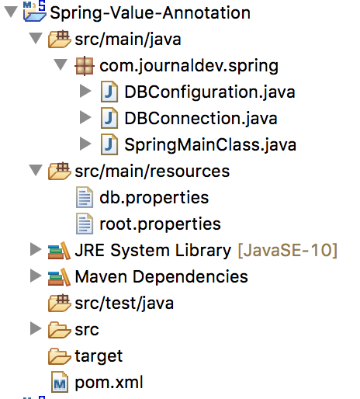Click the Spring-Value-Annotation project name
point(150,13)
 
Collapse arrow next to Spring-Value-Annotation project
point(11,12)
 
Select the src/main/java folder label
point(128,40)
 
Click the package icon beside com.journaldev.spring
point(85,66)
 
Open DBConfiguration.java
point(209,92)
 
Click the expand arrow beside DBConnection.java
point(85,117)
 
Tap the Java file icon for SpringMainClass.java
point(109,144)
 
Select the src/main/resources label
point(152,172)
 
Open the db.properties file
point(154,198)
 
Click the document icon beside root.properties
point(85,224)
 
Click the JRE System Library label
point(153,251)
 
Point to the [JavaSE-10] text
point(287,251)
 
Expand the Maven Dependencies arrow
point(36,276)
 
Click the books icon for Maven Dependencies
point(59,277)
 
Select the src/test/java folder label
point(124,304)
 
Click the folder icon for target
point(60,356)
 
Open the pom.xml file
point(109,383)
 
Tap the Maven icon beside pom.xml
point(60,382)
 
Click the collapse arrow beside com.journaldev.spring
point(61,64)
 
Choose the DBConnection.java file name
point(201,119)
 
